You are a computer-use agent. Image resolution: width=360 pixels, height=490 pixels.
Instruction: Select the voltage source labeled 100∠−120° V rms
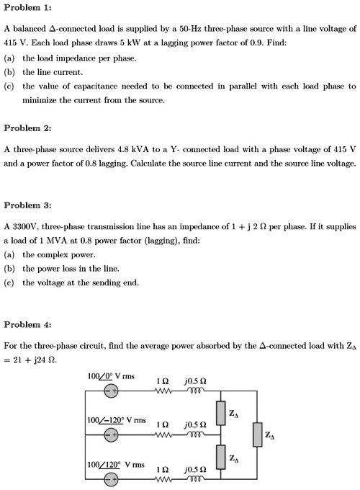[x=109, y=435]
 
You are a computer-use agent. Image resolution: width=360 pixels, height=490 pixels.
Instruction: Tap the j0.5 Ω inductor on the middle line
[x=198, y=435]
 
